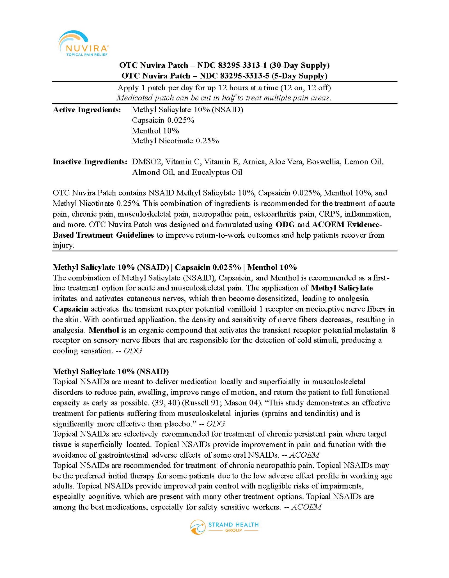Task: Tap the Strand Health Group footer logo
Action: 224,527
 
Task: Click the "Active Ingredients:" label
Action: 87,110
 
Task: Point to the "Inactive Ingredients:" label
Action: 90,162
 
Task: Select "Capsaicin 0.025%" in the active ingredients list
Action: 163,120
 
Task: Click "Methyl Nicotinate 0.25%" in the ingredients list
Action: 175,141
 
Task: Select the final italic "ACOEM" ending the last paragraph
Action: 306,507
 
